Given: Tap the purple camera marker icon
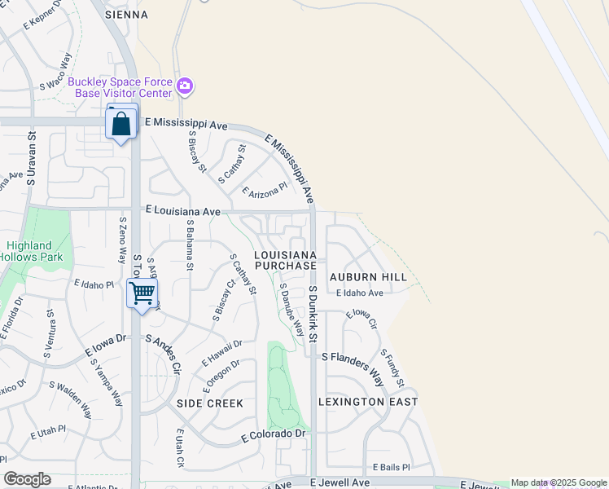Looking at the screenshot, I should (186, 86).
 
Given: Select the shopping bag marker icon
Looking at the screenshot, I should (121, 126).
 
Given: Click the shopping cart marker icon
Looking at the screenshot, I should (142, 293).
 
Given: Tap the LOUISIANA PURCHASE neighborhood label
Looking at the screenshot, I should (285, 261).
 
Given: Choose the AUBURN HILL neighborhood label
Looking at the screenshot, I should (368, 277).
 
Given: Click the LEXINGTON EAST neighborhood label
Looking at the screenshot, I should (368, 402).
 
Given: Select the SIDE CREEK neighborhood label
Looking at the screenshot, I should (210, 403).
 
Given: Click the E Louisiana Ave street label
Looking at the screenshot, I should (183, 211).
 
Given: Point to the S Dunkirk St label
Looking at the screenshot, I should (313, 314).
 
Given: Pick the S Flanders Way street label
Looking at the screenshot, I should (353, 367).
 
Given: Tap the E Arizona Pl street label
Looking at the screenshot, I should (265, 190).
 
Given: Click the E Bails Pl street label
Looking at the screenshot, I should (392, 467).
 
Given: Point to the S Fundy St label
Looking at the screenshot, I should (393, 368).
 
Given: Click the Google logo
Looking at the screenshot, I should (27, 479).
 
